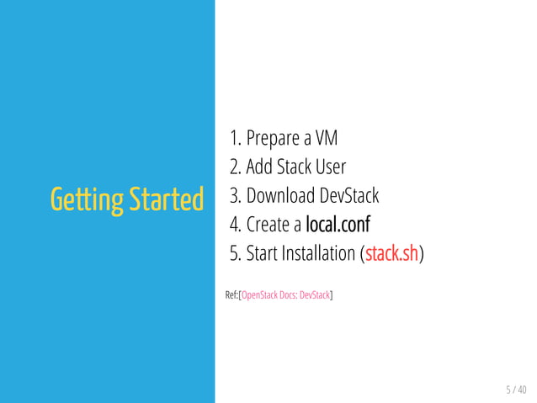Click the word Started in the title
pos(167,200)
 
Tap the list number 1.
pos(235,138)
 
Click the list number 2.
pos(235,167)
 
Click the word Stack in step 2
pos(294,167)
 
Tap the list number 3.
pos(235,196)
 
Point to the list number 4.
pos(235,225)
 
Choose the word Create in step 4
pos(268,225)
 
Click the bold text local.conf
pos(338,225)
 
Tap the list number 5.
pos(235,253)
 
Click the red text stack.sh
pos(391,253)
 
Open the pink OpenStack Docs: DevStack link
pos(286,295)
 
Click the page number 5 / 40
pos(515,389)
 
